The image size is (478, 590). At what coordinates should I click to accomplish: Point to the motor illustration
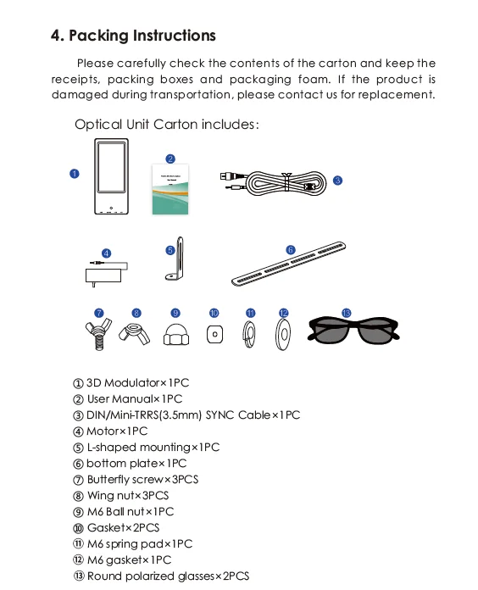108,272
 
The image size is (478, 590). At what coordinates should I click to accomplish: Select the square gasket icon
215,335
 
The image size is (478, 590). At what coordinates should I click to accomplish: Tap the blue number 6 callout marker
290,250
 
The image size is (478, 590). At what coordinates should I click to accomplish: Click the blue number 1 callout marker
74,174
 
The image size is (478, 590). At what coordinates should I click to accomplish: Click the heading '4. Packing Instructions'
133,36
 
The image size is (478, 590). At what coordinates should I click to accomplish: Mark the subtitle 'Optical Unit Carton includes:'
166,125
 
